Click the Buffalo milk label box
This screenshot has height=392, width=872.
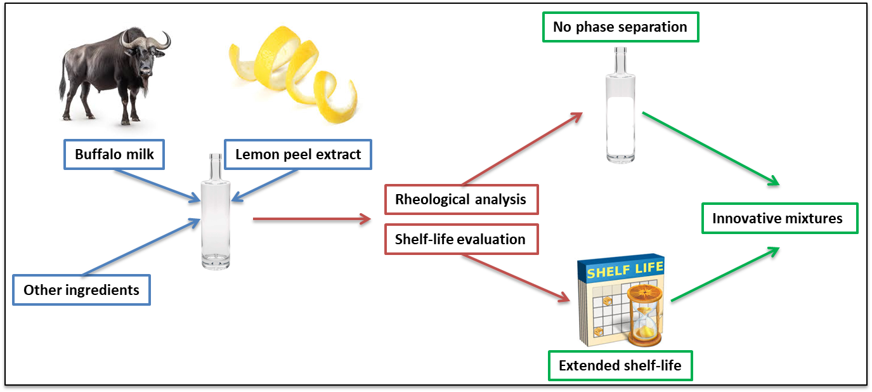(x=114, y=154)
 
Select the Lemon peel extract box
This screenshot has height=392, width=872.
(x=297, y=154)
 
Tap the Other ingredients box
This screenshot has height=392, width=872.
(x=81, y=290)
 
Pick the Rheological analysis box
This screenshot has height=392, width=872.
(x=461, y=199)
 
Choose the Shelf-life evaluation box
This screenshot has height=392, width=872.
(x=461, y=239)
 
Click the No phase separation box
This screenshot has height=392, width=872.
(x=620, y=27)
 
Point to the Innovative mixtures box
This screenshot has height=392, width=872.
(x=779, y=218)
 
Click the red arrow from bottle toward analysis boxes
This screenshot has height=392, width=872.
(x=311, y=219)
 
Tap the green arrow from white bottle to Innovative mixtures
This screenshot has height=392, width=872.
(x=710, y=148)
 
